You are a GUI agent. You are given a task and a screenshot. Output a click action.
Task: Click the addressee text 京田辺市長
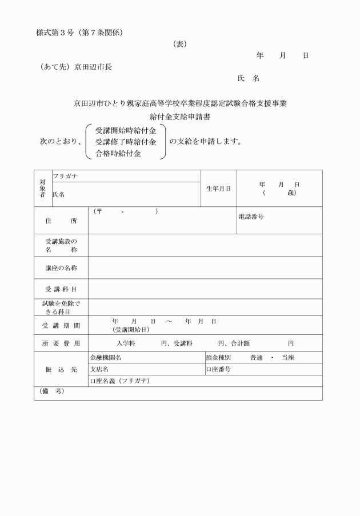pos(93,67)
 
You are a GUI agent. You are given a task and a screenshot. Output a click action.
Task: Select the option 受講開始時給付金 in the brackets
pos(126,130)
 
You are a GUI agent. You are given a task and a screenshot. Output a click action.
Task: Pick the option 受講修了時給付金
pos(126,142)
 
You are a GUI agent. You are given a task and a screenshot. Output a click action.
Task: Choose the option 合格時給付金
pos(118,153)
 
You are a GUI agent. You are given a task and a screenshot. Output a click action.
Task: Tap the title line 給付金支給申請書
pos(180,117)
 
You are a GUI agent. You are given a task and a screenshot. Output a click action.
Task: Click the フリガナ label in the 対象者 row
pos(65,176)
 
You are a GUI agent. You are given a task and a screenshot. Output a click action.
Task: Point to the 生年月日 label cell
pos(219,189)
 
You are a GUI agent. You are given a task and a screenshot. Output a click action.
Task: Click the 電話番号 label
pos(251,217)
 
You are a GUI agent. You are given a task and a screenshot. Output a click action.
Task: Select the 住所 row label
pos(61,221)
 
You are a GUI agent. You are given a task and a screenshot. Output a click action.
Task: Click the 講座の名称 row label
pos(61,267)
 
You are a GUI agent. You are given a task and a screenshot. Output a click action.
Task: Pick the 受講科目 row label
pos(61,289)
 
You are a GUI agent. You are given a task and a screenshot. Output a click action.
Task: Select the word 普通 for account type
pos(258,358)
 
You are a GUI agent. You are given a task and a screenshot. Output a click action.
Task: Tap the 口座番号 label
pos(218,369)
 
